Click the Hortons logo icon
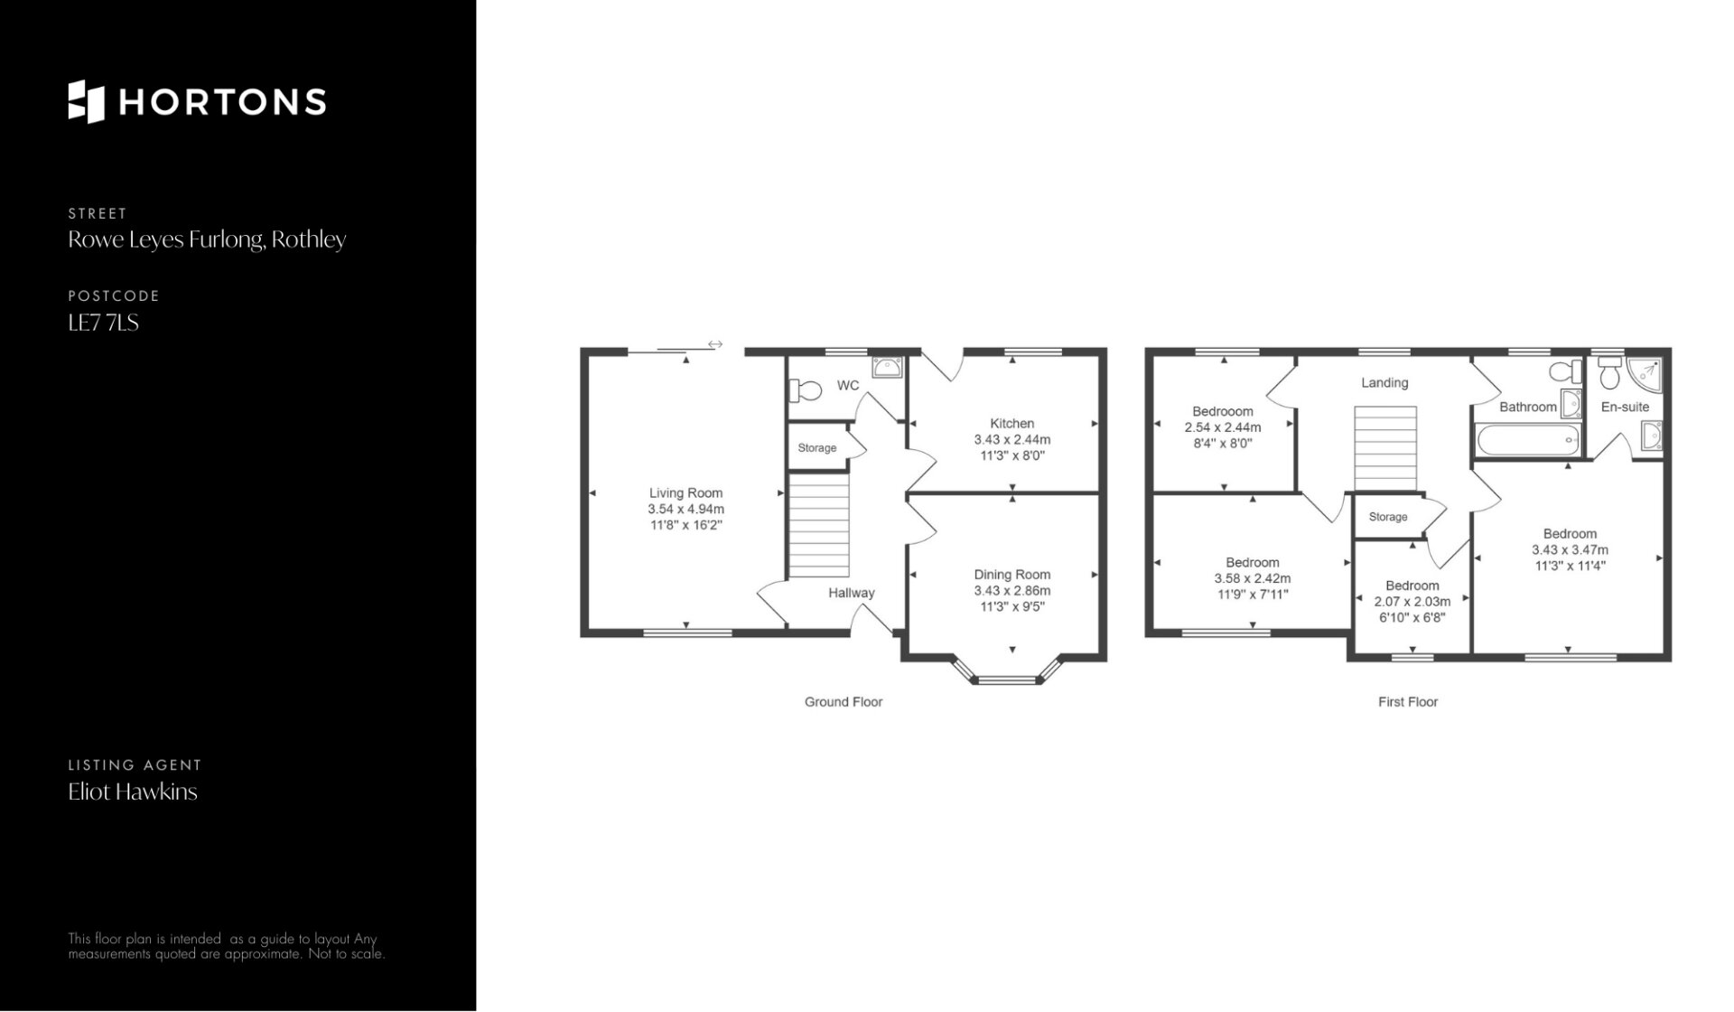87,101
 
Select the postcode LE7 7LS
103,323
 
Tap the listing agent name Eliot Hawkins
133,792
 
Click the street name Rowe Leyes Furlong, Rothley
207,239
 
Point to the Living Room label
685,493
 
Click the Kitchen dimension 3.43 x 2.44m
1011,440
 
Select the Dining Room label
1011,575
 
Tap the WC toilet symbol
806,390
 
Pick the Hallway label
852,593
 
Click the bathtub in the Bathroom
1527,441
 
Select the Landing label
1384,383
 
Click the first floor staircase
1385,449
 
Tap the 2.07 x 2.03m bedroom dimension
1412,602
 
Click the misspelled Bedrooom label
1222,411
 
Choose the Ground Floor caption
844,702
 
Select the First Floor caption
1408,702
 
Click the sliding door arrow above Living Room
715,344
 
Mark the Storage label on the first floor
1388,517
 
